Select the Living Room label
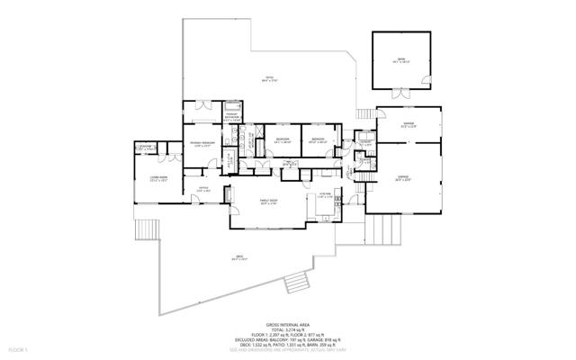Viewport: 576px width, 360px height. pos(160,179)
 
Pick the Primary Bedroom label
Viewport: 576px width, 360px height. pos(201,144)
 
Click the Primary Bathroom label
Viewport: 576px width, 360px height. pos(231,115)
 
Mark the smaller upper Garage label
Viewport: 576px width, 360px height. pos(408,126)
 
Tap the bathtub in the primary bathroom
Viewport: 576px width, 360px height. pos(232,103)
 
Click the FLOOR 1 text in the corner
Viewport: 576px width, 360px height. pos(18,346)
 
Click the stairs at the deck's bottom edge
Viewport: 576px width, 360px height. pos(294,285)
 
